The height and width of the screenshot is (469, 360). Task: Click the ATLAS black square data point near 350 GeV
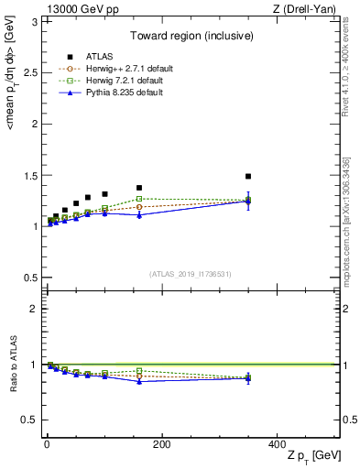pos(247,176)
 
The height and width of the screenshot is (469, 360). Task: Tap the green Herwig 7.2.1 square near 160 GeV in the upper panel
pos(139,199)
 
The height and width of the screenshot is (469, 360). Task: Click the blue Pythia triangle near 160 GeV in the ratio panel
pos(139,381)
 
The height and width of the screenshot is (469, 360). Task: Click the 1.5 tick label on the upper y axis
pos(31,175)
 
